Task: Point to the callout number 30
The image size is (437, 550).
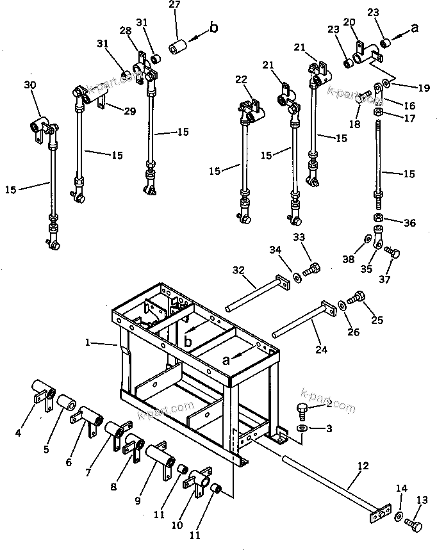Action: [29, 85]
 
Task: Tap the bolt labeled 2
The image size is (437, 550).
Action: [303, 408]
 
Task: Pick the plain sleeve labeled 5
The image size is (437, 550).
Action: [67, 404]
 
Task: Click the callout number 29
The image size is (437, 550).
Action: [130, 111]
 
